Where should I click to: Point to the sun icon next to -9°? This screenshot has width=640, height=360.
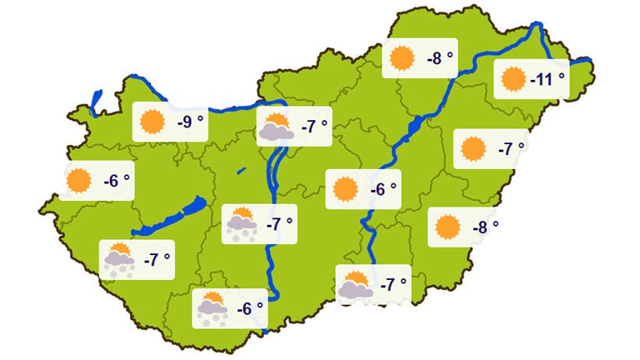(x=153, y=122)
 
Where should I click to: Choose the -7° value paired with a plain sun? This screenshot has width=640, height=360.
(x=511, y=149)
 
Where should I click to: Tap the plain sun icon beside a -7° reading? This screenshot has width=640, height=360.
(x=473, y=149)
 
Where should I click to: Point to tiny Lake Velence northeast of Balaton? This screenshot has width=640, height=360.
(x=241, y=171)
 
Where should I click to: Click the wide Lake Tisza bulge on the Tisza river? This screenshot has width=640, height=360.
(x=415, y=126)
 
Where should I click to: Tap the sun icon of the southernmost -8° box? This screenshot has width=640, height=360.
(x=448, y=226)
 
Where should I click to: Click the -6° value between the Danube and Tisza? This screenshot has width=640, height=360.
(x=382, y=189)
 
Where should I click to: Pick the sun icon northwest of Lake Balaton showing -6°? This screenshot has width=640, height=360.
(x=80, y=180)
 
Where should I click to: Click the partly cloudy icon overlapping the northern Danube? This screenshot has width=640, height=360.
(x=275, y=127)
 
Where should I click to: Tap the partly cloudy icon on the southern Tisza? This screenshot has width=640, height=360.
(x=356, y=285)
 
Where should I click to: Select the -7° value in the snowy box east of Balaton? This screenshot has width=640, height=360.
(x=278, y=224)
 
